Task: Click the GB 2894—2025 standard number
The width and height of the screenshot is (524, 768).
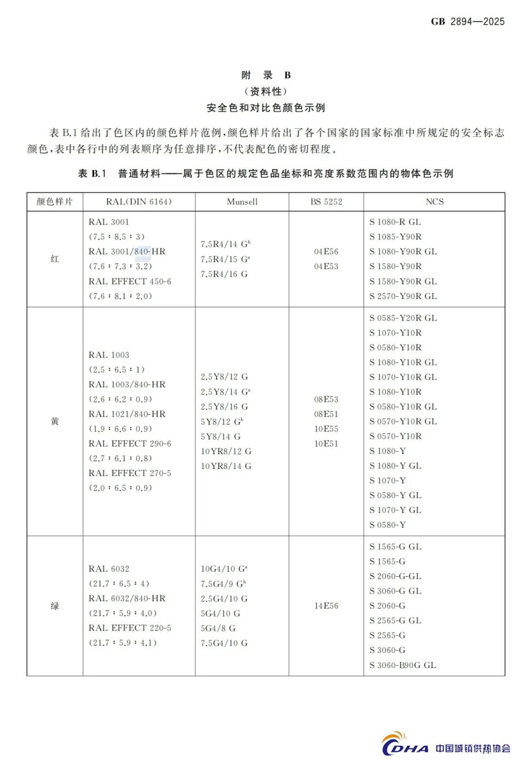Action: point(467,21)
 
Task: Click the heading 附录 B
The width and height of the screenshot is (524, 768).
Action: point(266,75)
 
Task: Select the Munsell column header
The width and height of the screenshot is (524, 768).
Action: point(242,201)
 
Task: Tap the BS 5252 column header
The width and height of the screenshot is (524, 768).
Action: point(326,201)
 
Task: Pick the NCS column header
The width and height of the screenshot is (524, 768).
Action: point(434,201)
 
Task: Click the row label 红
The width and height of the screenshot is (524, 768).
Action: point(55,259)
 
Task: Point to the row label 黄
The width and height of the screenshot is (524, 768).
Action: point(55,421)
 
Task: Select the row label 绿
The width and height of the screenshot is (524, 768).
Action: point(55,606)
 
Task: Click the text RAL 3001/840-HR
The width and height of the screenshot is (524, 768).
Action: point(127,251)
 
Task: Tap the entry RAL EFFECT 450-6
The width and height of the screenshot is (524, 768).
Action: point(130,281)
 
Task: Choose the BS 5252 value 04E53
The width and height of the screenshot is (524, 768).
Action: point(326,267)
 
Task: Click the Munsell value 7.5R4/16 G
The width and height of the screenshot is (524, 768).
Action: point(224,274)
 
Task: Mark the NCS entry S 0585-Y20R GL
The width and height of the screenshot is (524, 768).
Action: point(403,318)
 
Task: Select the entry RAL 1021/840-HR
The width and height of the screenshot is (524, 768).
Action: point(127,414)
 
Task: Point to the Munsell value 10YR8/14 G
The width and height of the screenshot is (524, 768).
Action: point(226,466)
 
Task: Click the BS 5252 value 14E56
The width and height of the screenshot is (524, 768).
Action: point(326,606)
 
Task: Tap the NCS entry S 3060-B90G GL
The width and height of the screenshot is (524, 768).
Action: point(403,665)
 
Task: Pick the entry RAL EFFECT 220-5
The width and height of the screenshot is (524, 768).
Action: point(130,628)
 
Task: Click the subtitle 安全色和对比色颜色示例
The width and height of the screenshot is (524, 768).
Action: point(266,108)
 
